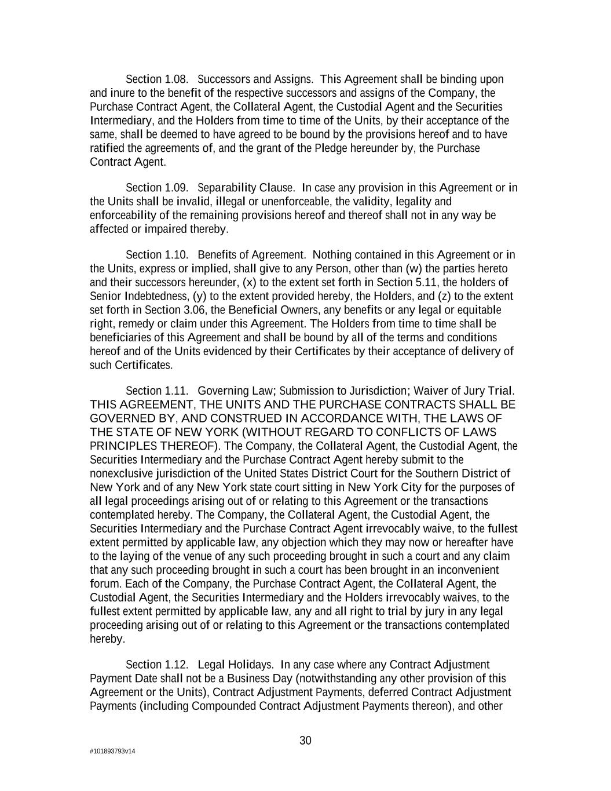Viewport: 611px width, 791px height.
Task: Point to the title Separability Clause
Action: click(x=246, y=188)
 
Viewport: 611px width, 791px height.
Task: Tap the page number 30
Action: click(x=305, y=741)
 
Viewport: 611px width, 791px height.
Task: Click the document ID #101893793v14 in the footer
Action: click(x=112, y=752)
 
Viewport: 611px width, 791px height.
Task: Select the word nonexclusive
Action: click(x=122, y=473)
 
